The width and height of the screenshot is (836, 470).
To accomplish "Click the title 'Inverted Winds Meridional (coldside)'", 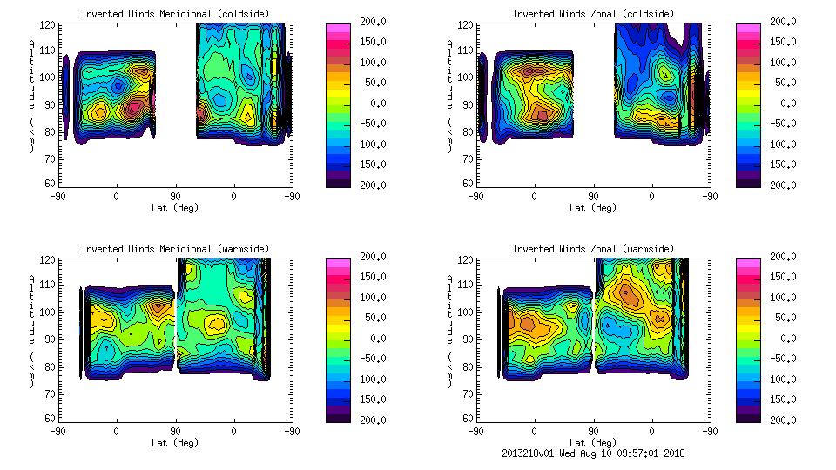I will click(175, 14).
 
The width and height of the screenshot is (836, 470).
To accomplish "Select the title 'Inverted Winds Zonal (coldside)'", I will click(593, 14).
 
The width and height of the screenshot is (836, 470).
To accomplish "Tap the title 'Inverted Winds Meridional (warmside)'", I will click(175, 249).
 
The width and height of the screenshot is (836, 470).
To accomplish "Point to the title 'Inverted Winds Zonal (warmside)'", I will click(593, 249).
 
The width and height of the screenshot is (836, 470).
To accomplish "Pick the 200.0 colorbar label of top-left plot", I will click(368, 23).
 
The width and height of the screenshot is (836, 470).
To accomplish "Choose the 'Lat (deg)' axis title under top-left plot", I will click(175, 208).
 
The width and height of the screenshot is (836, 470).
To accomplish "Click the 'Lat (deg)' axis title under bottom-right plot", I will click(593, 443).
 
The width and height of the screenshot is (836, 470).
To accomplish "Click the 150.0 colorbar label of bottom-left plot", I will click(368, 278).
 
